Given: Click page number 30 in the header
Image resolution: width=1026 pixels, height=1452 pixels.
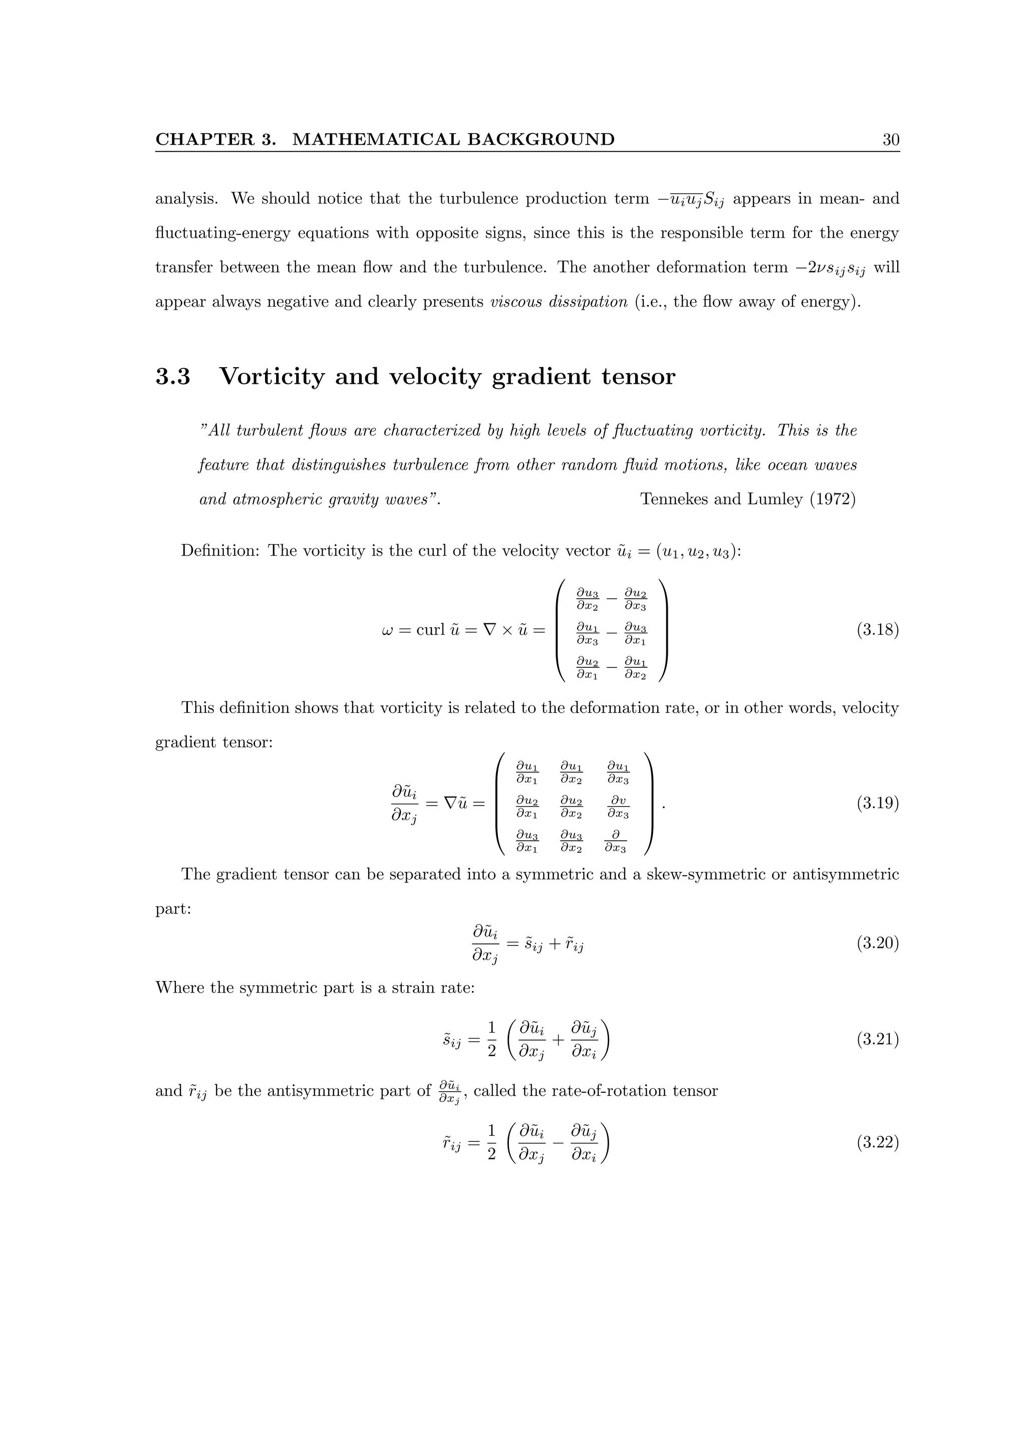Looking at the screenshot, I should click(890, 140).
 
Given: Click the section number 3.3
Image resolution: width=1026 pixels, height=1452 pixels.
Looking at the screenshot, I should click(172, 377).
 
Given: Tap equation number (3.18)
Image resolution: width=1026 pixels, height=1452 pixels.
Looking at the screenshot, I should click(877, 630).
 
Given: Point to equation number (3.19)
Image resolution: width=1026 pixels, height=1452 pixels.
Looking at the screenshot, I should click(877, 804).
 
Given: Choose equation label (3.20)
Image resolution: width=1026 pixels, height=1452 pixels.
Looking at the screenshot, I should click(877, 944).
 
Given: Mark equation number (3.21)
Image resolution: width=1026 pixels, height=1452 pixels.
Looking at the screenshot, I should click(877, 1039).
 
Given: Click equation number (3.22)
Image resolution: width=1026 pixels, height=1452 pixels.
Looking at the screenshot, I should click(877, 1143).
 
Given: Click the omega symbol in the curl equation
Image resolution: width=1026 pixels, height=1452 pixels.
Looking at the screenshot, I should click(388, 630).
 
